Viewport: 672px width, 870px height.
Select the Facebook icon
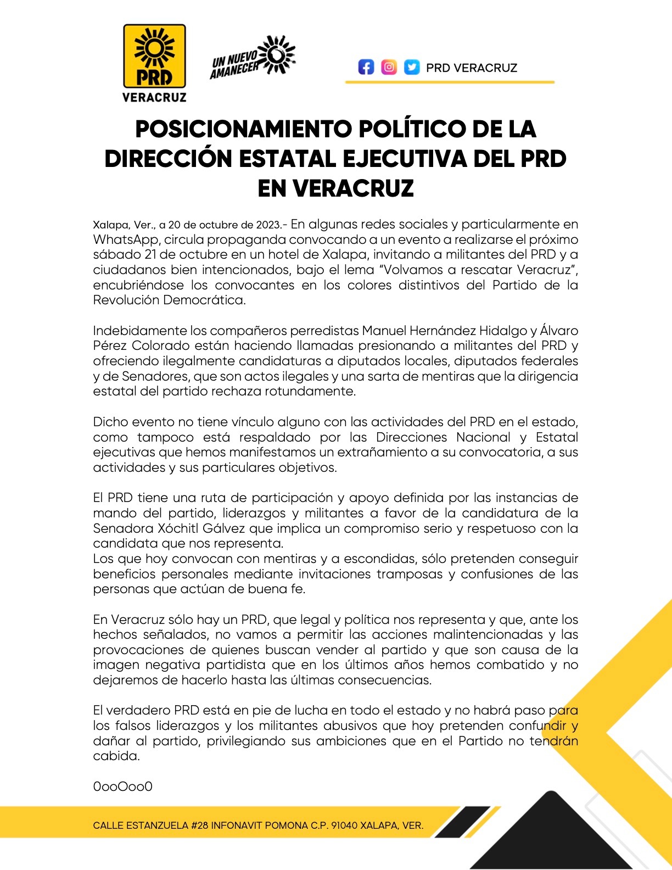366,67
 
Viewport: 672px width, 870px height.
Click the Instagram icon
389,67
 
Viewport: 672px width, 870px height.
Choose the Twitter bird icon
412,67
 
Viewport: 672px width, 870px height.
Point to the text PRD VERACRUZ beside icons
472,68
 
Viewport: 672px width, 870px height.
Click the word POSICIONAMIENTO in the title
244,129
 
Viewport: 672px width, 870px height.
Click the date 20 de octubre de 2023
225,225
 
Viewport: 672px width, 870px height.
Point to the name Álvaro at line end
559,331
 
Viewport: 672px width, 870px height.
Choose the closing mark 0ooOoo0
122,787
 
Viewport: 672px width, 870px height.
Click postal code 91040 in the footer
344,826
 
